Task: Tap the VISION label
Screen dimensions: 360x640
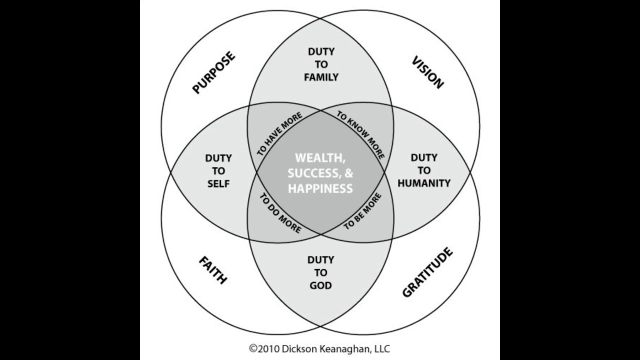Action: click(427, 72)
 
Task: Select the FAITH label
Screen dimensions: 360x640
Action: click(213, 269)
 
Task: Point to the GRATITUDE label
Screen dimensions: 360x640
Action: click(427, 272)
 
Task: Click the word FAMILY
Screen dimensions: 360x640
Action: click(321, 77)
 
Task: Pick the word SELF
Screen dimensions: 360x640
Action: click(218, 183)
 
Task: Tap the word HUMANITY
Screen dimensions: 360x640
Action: click(424, 183)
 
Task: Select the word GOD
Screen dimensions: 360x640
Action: click(320, 285)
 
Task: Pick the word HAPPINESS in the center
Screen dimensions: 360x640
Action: click(320, 188)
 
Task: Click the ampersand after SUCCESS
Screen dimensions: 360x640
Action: click(349, 173)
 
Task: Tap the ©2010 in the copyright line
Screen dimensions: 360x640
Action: click(263, 348)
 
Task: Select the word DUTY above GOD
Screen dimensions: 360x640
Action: click(320, 260)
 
